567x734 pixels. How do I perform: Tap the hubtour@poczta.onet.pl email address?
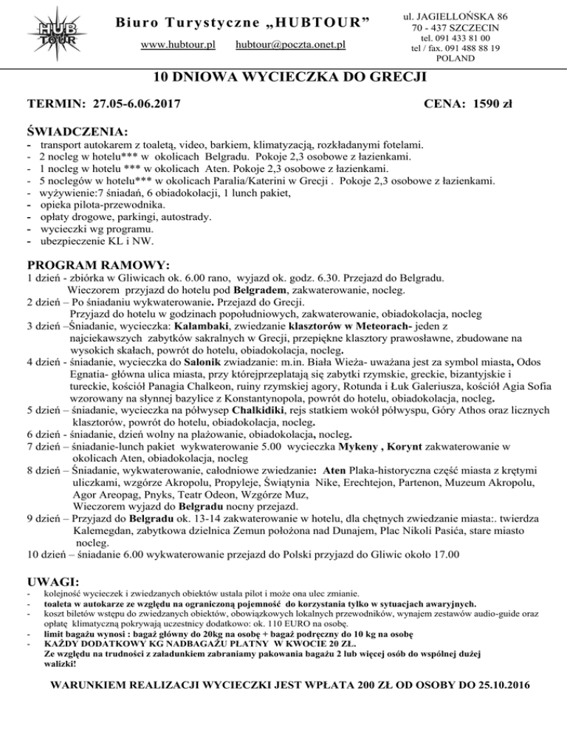pyautogui.click(x=291, y=45)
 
